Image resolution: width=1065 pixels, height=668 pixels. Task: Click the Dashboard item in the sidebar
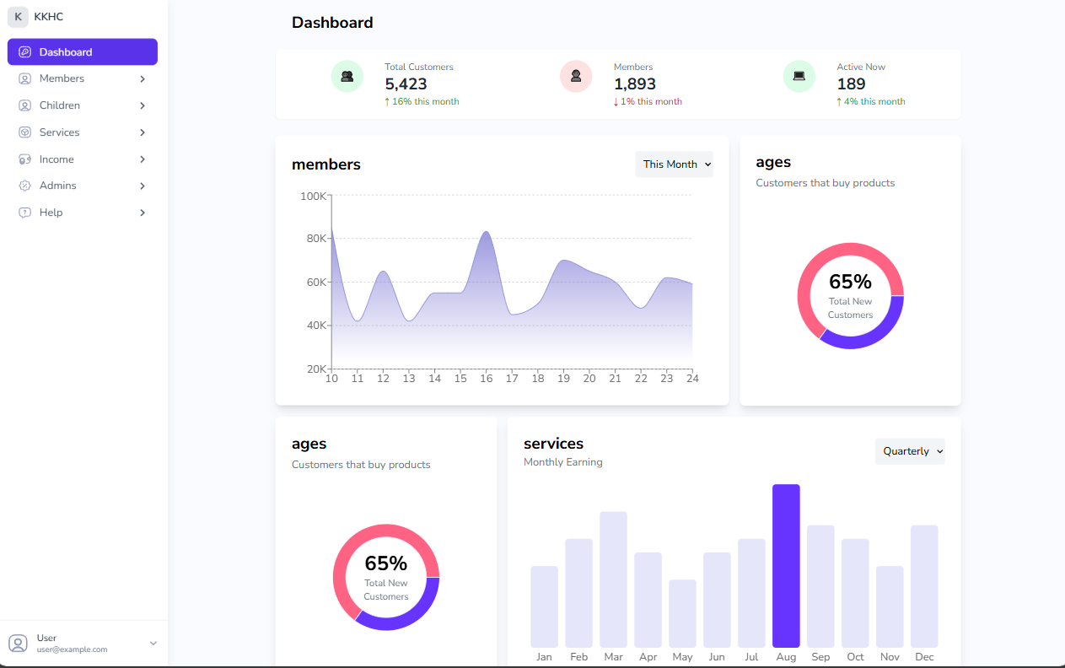coord(82,52)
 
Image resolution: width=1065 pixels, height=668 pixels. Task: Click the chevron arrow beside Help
coord(143,213)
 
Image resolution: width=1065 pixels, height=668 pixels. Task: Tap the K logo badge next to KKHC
coord(18,17)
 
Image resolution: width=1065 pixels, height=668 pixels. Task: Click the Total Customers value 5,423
coord(406,83)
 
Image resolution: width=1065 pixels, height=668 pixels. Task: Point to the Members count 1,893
coord(634,83)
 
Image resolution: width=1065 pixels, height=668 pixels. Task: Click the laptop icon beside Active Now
coord(799,76)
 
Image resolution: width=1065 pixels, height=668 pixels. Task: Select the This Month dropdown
coord(674,164)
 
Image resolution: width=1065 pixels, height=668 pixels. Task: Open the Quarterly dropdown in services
coord(909,451)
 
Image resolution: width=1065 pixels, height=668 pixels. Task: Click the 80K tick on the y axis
coord(316,239)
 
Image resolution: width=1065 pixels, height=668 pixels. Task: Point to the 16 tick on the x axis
coord(486,379)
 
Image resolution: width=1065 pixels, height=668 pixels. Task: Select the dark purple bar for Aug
coord(786,565)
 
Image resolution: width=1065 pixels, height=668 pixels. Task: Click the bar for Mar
coord(613,579)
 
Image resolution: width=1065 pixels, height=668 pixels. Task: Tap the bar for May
coord(682,613)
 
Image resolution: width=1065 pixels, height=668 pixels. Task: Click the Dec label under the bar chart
coord(924,657)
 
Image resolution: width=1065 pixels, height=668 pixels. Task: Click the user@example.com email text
coord(72,649)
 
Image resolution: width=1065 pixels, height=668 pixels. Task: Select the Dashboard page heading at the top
coord(332,23)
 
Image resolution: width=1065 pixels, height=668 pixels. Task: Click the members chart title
coord(325,164)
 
